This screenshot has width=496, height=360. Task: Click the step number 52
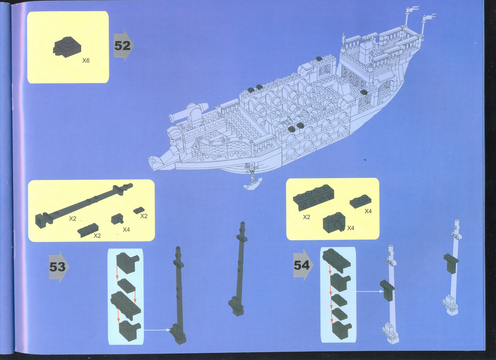point(123,45)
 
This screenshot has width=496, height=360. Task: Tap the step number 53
point(57,267)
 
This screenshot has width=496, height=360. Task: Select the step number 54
point(301,265)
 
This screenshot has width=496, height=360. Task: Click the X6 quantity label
point(86,60)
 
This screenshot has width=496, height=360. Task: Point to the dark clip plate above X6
point(67,47)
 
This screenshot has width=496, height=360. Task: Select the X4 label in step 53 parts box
point(126,230)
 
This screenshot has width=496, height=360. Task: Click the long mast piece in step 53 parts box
point(84,205)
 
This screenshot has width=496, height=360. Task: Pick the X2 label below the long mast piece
point(73,219)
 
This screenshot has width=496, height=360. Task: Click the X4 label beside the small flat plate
point(368,211)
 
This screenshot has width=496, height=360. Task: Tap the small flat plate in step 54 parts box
point(360,201)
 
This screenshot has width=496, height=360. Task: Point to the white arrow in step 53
point(157,330)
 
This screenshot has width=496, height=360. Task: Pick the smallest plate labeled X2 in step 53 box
point(139,210)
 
